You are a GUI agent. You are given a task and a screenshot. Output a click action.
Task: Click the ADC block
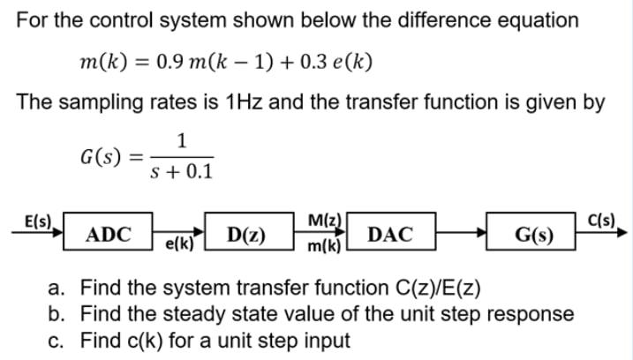click(109, 235)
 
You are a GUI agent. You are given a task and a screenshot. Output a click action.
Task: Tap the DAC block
click(388, 235)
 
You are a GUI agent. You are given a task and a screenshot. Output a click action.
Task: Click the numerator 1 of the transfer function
click(181, 139)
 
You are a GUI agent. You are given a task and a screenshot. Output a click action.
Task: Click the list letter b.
click(57, 313)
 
